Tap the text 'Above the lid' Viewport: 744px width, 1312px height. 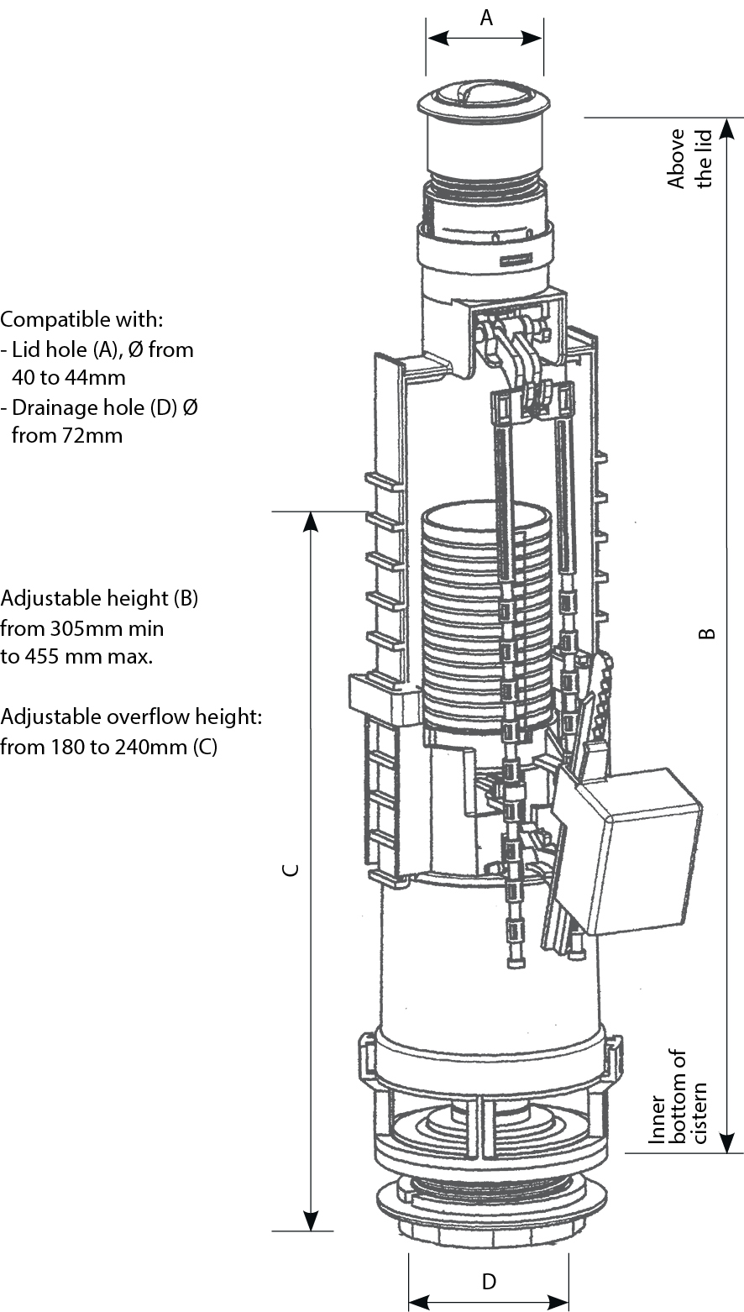[689, 158]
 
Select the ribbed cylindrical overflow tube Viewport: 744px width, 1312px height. [485, 617]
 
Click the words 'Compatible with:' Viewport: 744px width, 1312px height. [81, 320]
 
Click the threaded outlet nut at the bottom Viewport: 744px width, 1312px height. [489, 1210]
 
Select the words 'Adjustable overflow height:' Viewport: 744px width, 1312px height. [132, 717]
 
